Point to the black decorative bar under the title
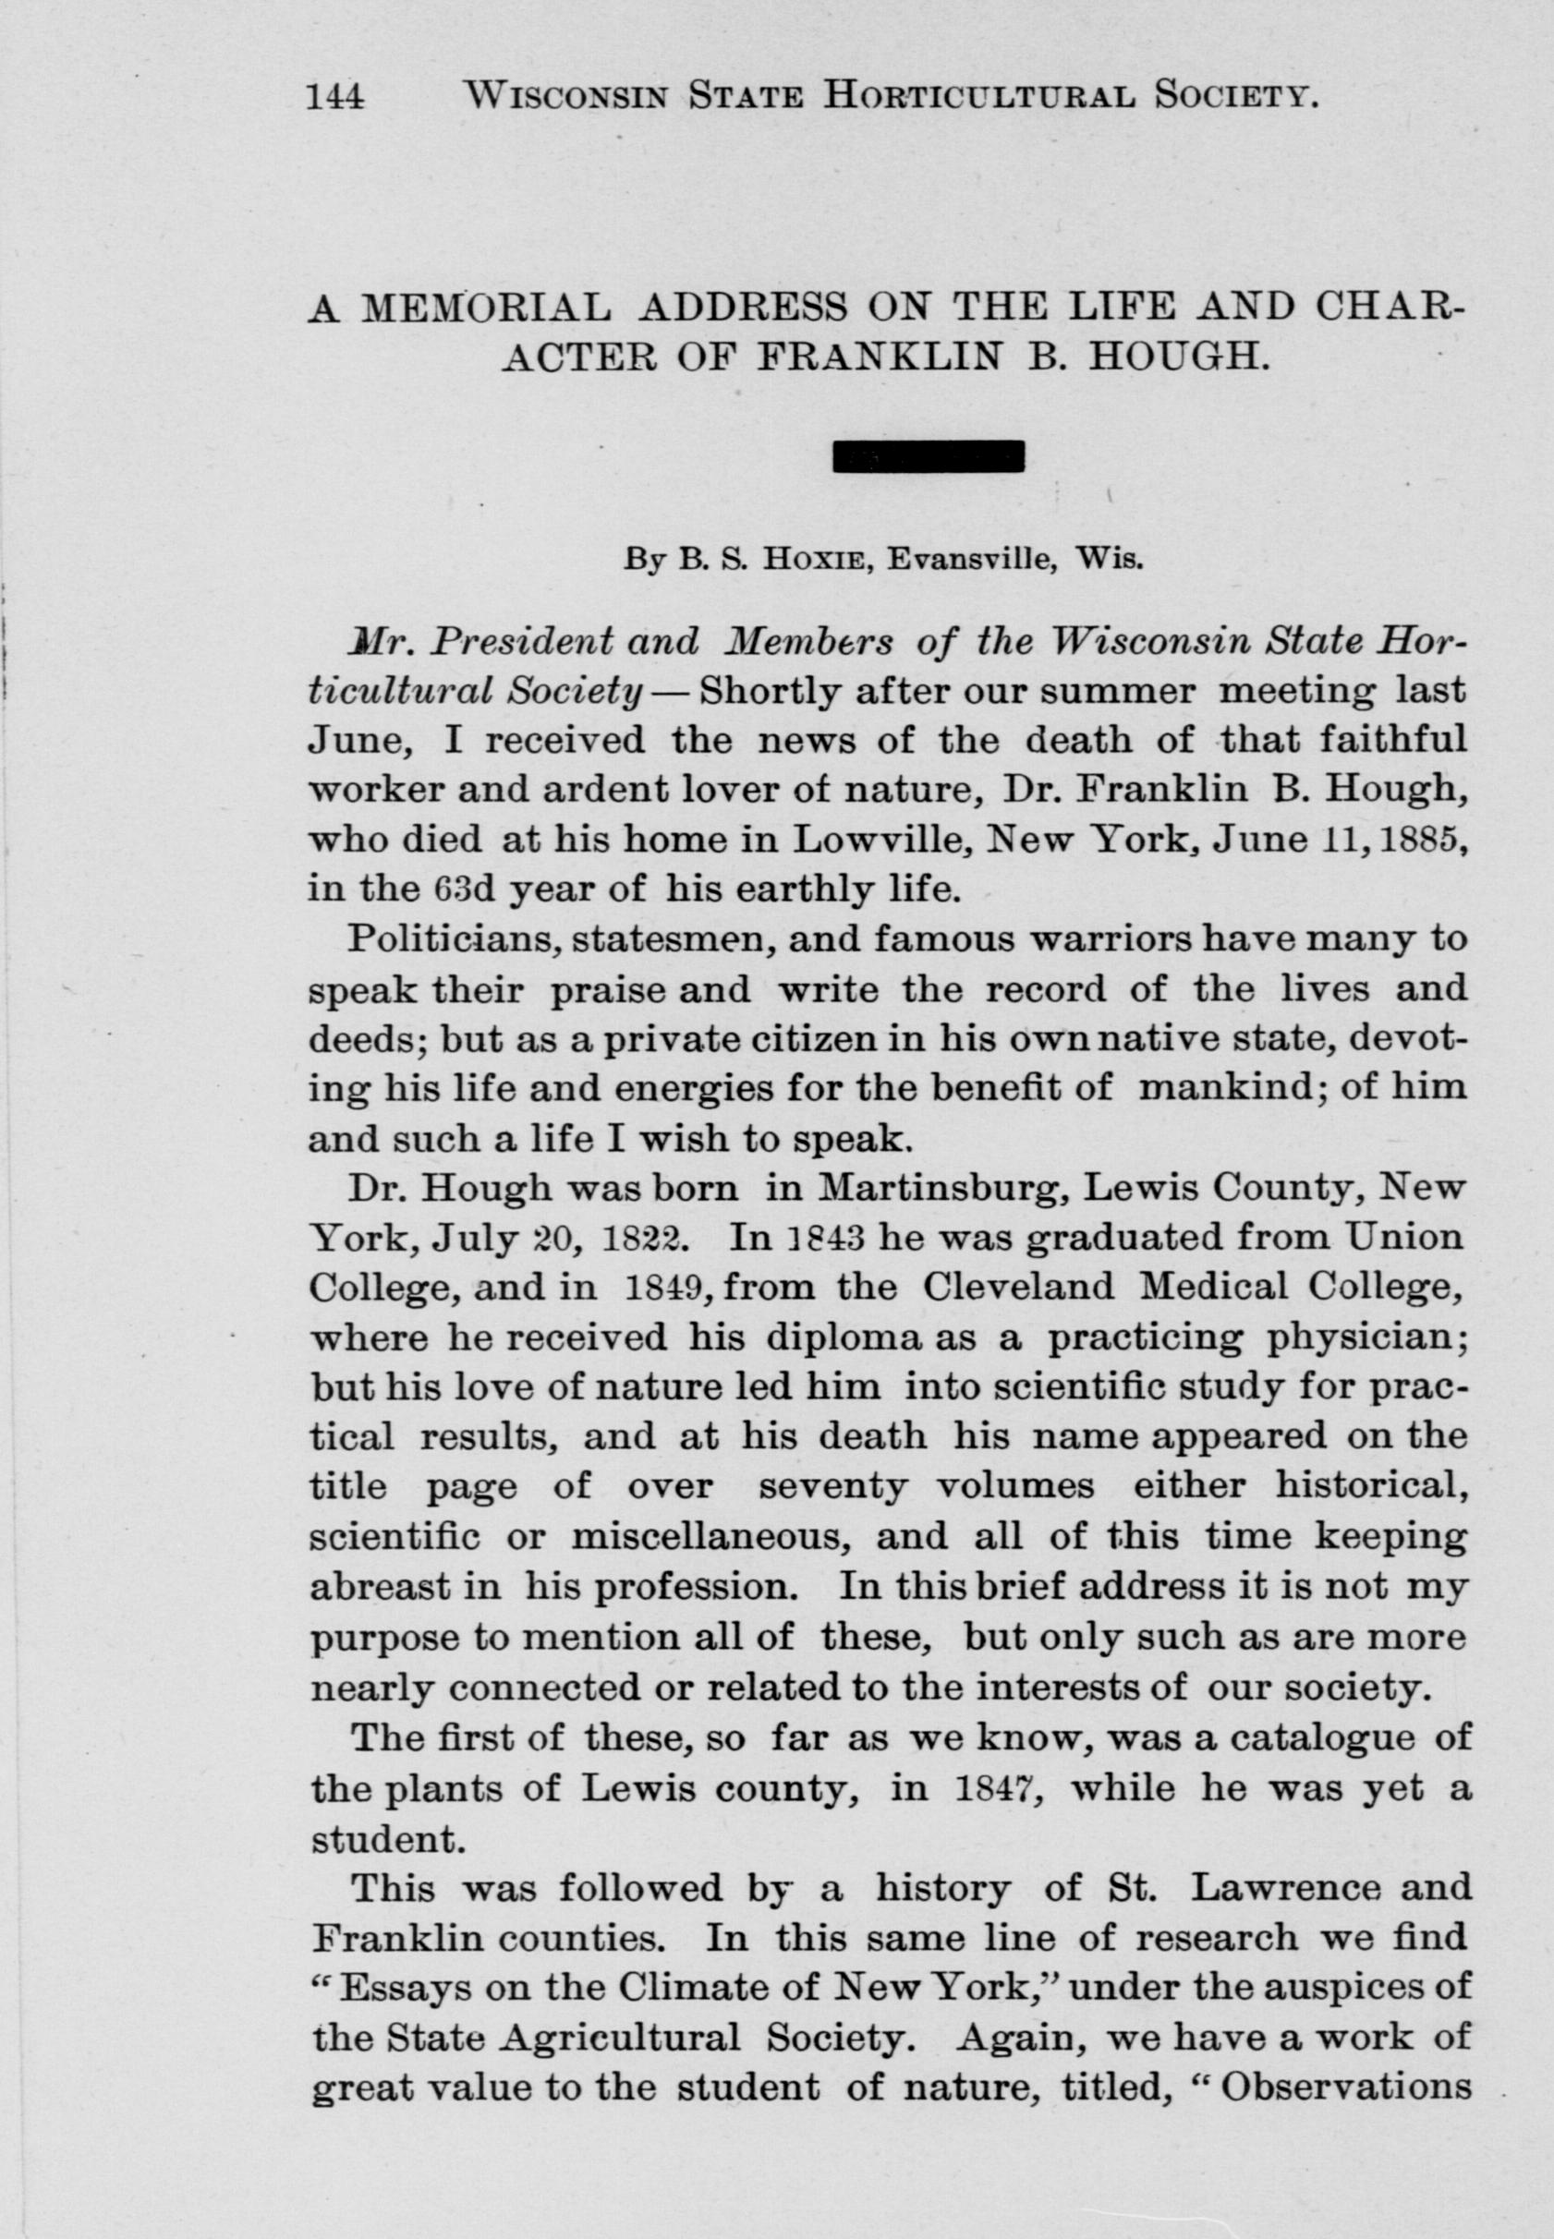coord(929,456)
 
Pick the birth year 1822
coord(645,1239)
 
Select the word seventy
coord(832,1487)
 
